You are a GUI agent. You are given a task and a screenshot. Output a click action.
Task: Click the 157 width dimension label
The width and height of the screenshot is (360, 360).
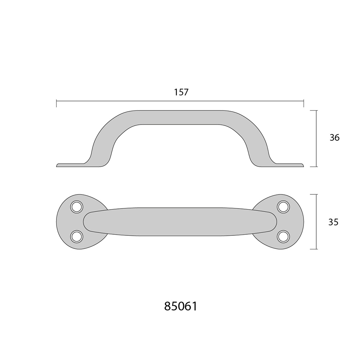(x=181, y=92)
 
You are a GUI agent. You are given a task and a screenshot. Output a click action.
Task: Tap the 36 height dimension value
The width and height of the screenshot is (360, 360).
(x=334, y=138)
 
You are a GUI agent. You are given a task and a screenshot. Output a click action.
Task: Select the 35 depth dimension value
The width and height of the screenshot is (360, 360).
(x=333, y=222)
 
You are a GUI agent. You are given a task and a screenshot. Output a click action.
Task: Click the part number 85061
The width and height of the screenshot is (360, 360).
(x=181, y=306)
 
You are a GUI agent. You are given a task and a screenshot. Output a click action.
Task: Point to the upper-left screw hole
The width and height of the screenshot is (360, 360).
(x=76, y=207)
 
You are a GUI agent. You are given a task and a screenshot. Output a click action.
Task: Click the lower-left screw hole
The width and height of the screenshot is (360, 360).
(x=76, y=236)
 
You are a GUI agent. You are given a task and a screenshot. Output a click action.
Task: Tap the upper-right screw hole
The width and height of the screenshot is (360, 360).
(x=283, y=207)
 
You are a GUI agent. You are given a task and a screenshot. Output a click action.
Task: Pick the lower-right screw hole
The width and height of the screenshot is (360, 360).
(x=283, y=236)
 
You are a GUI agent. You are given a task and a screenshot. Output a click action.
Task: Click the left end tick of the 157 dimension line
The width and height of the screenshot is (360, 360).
(x=57, y=103)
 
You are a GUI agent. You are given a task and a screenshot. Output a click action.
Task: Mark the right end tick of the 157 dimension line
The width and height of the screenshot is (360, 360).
(x=303, y=103)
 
